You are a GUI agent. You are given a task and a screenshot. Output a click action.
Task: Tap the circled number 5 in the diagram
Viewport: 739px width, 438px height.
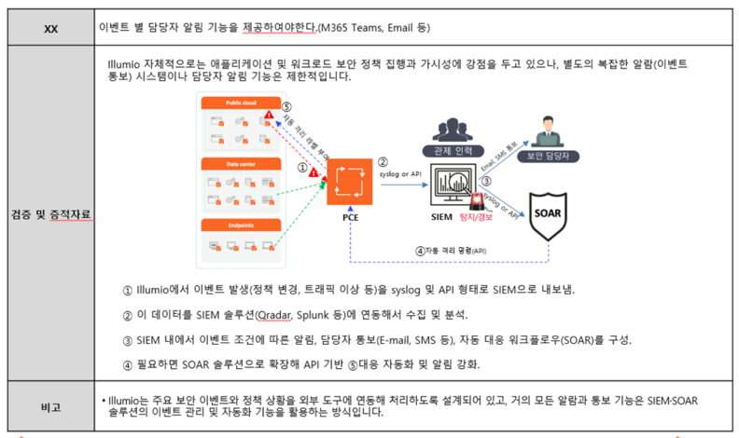(286, 107)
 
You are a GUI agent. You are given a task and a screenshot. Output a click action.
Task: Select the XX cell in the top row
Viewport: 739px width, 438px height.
(50, 28)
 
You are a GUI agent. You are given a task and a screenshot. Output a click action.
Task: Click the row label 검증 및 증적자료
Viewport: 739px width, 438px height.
(50, 215)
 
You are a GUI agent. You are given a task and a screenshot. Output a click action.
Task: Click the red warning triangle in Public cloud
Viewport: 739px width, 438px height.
(270, 116)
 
